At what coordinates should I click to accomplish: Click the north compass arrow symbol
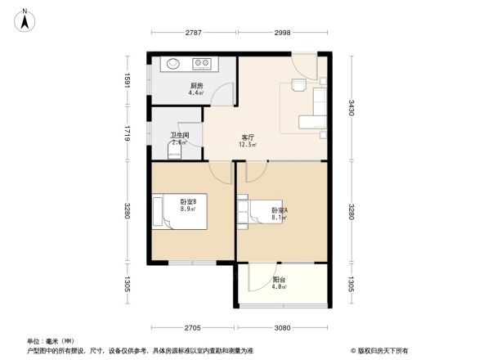(27, 19)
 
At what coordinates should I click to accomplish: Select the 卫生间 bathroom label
(179, 136)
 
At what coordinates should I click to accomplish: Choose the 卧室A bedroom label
(280, 210)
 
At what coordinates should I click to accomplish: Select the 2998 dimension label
(283, 34)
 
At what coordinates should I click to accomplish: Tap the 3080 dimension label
(282, 327)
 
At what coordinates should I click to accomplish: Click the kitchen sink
(173, 64)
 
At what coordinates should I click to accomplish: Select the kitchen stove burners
(202, 64)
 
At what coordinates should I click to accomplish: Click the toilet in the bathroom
(173, 151)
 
